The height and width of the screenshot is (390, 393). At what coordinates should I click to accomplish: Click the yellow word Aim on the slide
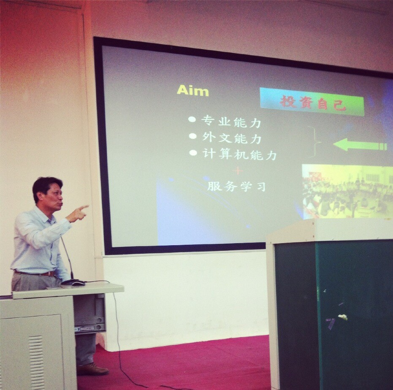click(193, 90)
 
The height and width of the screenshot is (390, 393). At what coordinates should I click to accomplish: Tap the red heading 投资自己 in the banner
click(312, 103)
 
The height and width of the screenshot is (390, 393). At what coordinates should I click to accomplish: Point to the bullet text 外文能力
click(232, 138)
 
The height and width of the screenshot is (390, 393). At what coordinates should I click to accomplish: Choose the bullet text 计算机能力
click(239, 154)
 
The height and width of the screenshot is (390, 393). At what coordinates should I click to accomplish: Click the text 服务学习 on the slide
click(236, 187)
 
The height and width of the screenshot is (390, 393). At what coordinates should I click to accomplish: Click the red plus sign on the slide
click(238, 171)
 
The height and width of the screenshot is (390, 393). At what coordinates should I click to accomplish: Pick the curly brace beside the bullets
click(314, 142)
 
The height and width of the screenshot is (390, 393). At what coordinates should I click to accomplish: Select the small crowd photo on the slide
click(347, 192)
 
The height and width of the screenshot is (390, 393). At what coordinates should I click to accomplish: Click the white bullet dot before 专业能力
click(192, 119)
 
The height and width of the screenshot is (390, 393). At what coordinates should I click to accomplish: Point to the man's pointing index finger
click(83, 208)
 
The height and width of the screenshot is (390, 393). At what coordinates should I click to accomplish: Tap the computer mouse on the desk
click(78, 283)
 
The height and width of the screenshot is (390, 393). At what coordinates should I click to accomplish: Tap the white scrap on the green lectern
click(343, 317)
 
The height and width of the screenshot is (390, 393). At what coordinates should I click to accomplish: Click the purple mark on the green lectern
click(331, 323)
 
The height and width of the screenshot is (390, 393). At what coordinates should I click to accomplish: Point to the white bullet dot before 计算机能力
click(193, 152)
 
